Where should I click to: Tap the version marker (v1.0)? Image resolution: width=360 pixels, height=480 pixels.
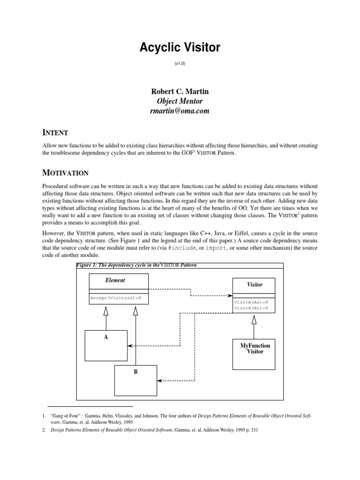[x=180, y=63]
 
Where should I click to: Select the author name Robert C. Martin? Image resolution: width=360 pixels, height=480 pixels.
[x=180, y=91]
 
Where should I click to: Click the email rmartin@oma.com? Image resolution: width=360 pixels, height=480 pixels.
[x=180, y=111]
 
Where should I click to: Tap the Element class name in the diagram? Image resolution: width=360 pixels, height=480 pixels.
[x=115, y=280]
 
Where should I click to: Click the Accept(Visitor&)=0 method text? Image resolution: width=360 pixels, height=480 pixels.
[x=115, y=298]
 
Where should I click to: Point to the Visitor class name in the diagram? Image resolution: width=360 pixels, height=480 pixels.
[x=255, y=285]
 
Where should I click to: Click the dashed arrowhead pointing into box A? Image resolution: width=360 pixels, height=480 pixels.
[x=130, y=346]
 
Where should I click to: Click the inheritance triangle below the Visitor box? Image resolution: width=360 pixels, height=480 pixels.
[x=254, y=320]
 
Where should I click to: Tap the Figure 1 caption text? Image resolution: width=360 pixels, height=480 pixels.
[x=136, y=265]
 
